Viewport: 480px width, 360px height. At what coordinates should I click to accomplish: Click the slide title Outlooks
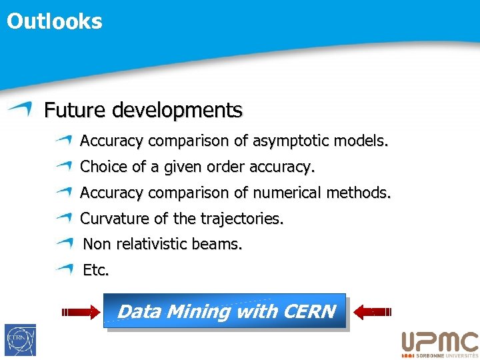coord(55,21)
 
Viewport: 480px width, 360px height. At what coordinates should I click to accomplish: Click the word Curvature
coord(111,219)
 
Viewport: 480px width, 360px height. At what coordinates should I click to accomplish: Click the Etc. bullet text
coord(95,271)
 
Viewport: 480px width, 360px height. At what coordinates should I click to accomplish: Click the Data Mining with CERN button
coord(225,311)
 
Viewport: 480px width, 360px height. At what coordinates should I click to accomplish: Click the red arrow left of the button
coord(79,311)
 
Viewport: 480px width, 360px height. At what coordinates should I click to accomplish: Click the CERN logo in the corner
coord(20,340)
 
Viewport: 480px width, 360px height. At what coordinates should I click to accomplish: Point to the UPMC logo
coord(439,344)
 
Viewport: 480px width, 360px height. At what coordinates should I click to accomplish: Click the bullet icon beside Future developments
coord(21,109)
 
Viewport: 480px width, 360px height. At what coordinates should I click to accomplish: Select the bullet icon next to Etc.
coord(64,270)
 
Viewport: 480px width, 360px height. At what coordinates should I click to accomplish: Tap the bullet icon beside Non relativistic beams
coord(64,244)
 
